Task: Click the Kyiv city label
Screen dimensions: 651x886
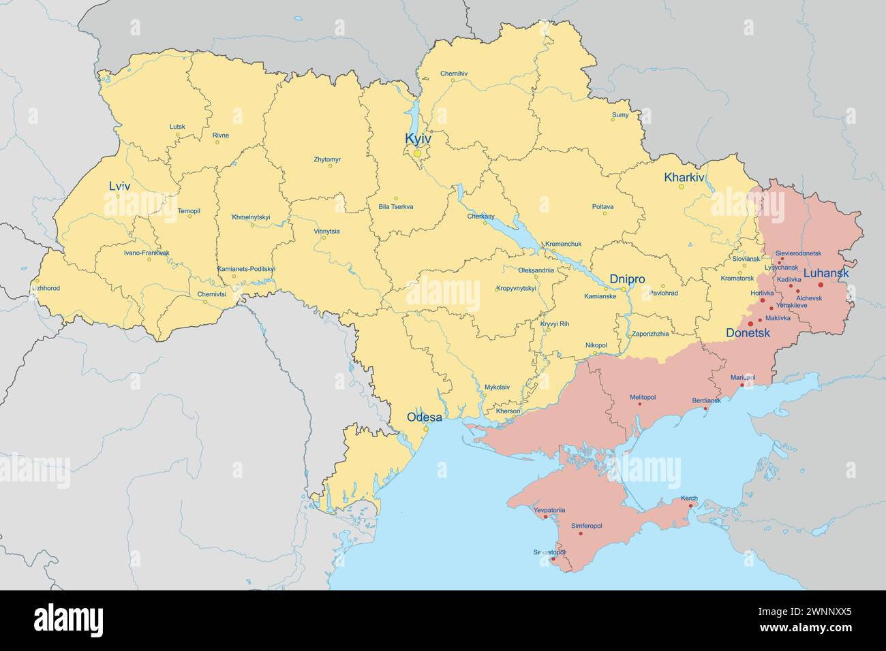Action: (418, 139)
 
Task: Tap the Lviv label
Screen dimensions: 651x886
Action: (119, 186)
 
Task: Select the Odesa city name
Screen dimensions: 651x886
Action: (424, 417)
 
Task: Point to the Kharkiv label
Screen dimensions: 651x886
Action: (684, 178)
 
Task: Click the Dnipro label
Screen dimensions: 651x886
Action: (627, 279)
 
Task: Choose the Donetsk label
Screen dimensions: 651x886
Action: (748, 333)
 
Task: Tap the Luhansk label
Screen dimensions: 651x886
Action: (826, 273)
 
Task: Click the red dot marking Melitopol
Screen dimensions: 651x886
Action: (639, 404)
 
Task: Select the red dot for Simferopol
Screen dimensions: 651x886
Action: (580, 533)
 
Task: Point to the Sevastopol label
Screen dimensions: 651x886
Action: (549, 552)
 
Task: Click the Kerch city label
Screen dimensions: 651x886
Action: (689, 498)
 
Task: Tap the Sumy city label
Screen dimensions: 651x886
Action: (620, 115)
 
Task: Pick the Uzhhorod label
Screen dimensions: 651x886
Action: (46, 288)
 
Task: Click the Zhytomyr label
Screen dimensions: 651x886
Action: (327, 159)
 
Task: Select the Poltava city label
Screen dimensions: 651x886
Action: (602, 206)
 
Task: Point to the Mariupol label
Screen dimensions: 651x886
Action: (743, 377)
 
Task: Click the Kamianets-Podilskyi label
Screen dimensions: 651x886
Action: (246, 269)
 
